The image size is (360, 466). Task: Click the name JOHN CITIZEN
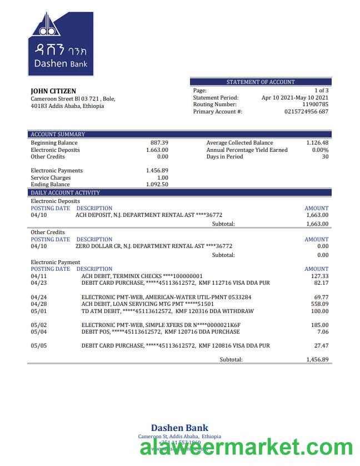pos(53,91)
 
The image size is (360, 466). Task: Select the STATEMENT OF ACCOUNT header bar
pos(261,82)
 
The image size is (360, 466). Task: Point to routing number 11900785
pos(315,105)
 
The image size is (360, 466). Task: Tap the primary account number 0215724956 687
pos(306,112)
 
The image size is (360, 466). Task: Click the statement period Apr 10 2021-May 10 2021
pos(295,97)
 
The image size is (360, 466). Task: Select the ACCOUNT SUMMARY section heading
pos(58,134)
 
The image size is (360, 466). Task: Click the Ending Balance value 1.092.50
pos(157,185)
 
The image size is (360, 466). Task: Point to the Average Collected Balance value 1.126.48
pos(317,143)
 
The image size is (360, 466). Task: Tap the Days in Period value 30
pos(325,157)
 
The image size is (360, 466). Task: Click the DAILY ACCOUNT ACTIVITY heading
pos(65,192)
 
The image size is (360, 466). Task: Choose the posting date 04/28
pos(39,304)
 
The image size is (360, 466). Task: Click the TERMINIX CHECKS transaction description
pos(142,276)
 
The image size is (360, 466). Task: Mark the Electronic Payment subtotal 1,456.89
pos(317,360)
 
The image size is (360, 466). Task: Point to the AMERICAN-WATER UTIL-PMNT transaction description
pos(166,298)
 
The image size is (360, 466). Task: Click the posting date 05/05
pos(39,345)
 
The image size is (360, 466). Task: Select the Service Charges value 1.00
pos(163,178)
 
